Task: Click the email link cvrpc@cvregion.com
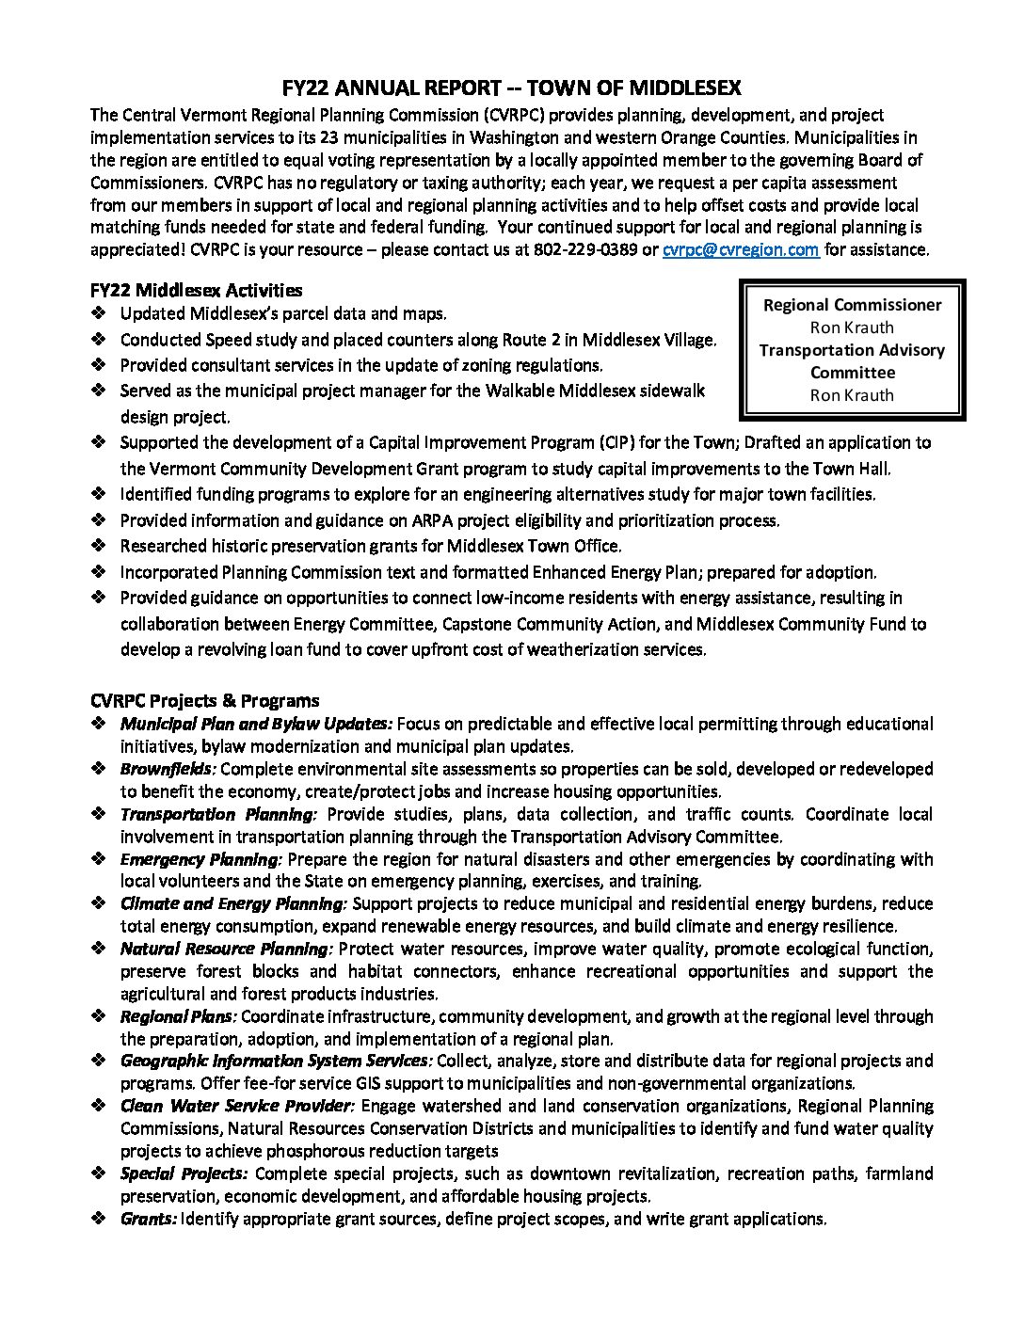click(x=741, y=249)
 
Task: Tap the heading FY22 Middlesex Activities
click(x=197, y=290)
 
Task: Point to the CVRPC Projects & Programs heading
click(x=205, y=700)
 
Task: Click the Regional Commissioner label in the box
click(x=852, y=305)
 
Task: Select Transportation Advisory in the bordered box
click(x=852, y=350)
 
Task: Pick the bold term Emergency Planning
click(x=200, y=859)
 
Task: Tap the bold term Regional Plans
click(x=178, y=1016)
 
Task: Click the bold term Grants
click(x=149, y=1219)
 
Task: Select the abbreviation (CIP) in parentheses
click(x=612, y=442)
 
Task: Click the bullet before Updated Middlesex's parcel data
click(x=99, y=313)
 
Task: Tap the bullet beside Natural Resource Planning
click(x=99, y=949)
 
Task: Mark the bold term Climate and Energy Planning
click(x=233, y=903)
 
